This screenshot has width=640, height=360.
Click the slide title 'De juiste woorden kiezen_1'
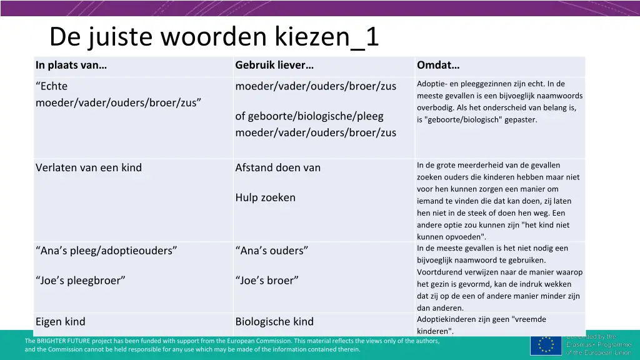214,37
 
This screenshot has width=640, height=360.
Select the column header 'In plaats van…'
71,65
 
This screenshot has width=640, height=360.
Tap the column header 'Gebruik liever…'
274,65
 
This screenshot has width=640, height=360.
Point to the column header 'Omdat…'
438,65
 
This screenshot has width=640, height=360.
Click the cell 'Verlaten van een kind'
89,167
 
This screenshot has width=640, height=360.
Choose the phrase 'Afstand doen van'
277,167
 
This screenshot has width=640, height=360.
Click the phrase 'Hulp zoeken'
265,197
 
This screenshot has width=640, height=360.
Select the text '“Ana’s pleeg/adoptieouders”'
106,251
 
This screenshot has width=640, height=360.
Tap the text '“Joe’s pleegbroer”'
81,281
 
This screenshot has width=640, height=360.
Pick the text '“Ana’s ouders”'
272,251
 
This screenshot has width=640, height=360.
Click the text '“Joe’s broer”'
267,281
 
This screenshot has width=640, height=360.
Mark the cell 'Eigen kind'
61,322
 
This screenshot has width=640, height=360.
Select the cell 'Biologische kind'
274,322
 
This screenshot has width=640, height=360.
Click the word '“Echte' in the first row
52,86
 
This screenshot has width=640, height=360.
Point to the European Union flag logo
546,345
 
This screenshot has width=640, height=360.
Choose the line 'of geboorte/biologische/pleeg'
309,116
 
